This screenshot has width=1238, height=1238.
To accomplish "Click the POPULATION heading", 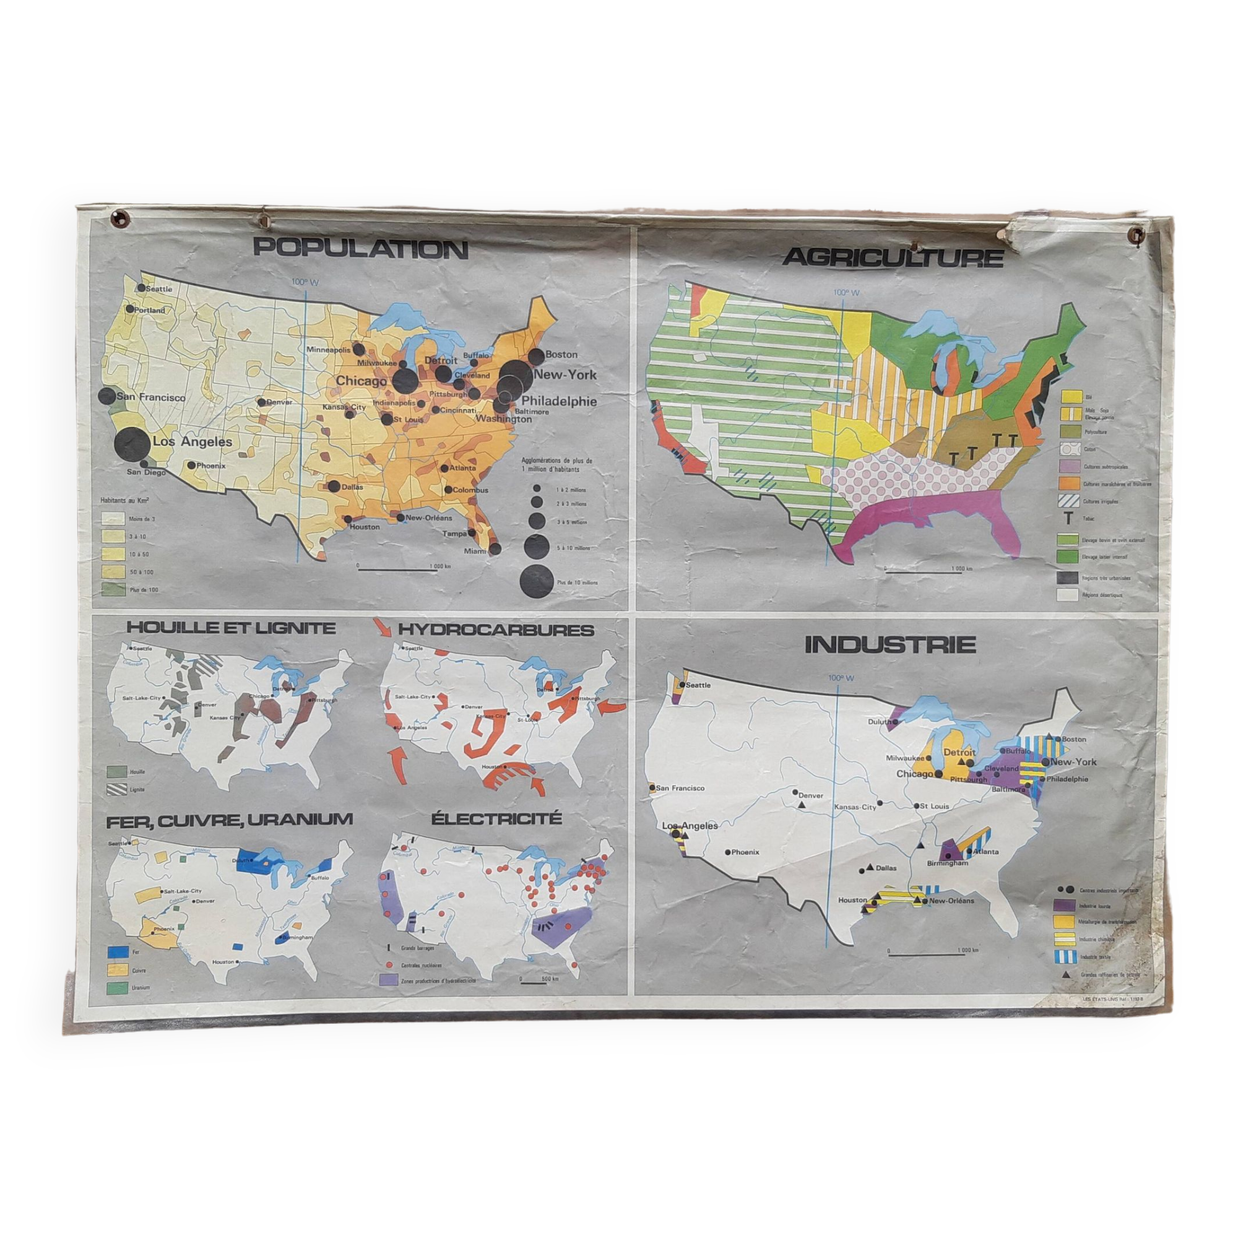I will [361, 249].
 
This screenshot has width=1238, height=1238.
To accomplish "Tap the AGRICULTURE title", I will [893, 258].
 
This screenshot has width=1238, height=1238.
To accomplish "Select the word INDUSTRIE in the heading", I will [890, 645].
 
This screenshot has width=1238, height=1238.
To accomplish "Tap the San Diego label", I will [146, 472].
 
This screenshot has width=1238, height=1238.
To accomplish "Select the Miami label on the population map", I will [475, 551].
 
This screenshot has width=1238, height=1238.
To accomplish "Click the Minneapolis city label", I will [329, 350].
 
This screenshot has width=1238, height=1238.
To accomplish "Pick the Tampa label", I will [456, 532].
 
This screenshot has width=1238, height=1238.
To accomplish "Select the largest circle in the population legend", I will [537, 582].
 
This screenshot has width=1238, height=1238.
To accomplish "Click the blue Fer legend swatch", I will [115, 952].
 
